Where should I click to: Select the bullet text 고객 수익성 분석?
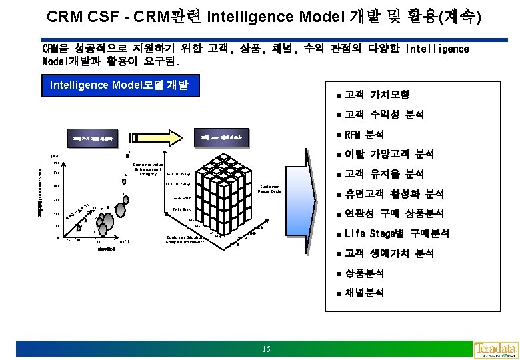point(385,115)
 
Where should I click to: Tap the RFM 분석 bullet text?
point(364,135)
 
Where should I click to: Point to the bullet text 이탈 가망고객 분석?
point(389,154)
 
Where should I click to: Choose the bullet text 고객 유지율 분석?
point(385,174)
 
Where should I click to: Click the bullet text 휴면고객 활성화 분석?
point(394,194)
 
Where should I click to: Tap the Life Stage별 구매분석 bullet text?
point(397,233)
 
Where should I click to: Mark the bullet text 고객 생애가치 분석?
point(389,253)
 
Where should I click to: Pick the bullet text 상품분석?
point(364,273)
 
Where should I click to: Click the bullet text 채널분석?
point(364,293)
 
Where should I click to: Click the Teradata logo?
point(495,349)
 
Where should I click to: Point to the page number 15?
point(266,349)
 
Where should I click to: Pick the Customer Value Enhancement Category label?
point(148,169)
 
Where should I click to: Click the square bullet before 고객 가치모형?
point(339,95)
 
